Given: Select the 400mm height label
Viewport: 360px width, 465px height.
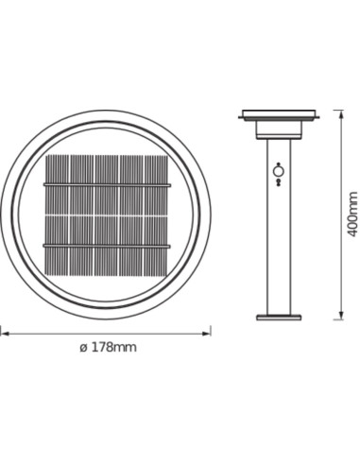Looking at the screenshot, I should (x=352, y=214).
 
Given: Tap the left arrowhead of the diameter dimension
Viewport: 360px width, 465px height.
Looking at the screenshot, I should (x=3, y=332).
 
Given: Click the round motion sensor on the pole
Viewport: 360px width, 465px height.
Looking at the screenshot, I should (x=278, y=172).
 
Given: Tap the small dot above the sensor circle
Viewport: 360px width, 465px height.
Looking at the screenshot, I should (x=278, y=162).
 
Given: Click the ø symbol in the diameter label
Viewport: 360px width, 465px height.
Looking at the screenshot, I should (x=82, y=348).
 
